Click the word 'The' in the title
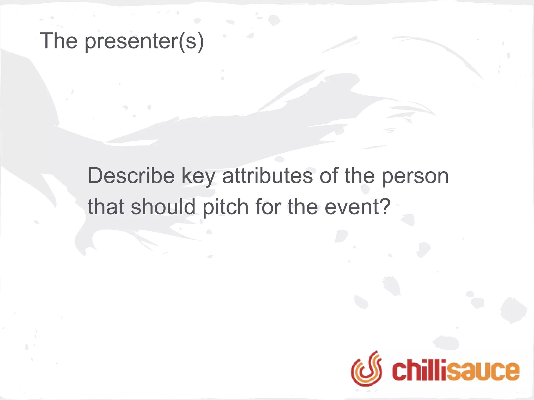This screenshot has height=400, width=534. pos(59,41)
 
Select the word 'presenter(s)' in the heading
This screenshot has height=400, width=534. pos(144,42)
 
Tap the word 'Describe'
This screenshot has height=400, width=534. pos(131,176)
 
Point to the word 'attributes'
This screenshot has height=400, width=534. pos(267,176)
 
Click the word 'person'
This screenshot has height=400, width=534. pos(415,177)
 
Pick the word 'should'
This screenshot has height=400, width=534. pos(163,207)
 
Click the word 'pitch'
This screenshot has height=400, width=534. pos(226,208)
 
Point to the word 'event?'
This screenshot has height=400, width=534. pos(357,207)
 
